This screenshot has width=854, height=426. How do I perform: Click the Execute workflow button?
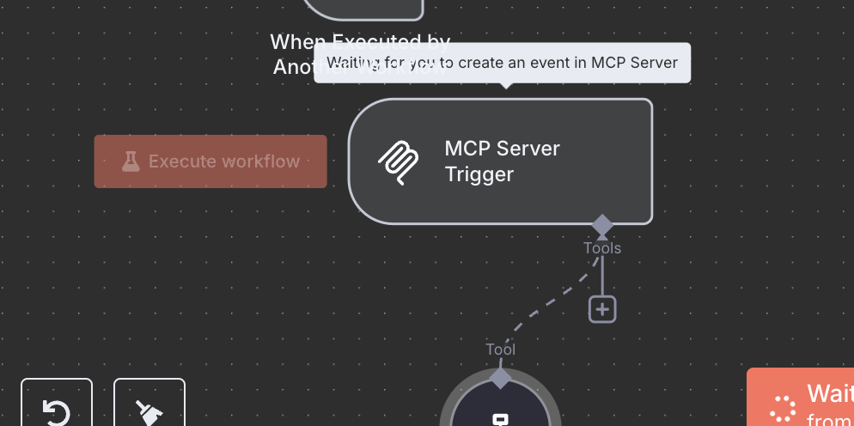coord(210,161)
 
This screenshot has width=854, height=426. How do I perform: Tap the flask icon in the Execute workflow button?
coord(131,161)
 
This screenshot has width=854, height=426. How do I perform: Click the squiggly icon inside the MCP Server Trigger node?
coord(399,161)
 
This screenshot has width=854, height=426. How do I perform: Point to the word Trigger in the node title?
coord(479,174)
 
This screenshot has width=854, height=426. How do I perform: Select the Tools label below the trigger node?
coord(602,248)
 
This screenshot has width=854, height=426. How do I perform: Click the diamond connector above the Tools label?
coord(602,225)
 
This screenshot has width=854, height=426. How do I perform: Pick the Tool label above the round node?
coord(501,350)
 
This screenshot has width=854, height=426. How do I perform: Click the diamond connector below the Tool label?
coord(501,376)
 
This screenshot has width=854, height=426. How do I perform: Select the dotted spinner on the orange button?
coord(783,409)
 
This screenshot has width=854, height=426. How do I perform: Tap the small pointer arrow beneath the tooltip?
coord(506,85)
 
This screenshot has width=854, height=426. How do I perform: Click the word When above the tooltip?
coord(298,41)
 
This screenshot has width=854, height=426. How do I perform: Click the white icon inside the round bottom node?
coord(501,418)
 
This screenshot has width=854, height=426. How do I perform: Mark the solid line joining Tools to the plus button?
coord(602,277)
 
